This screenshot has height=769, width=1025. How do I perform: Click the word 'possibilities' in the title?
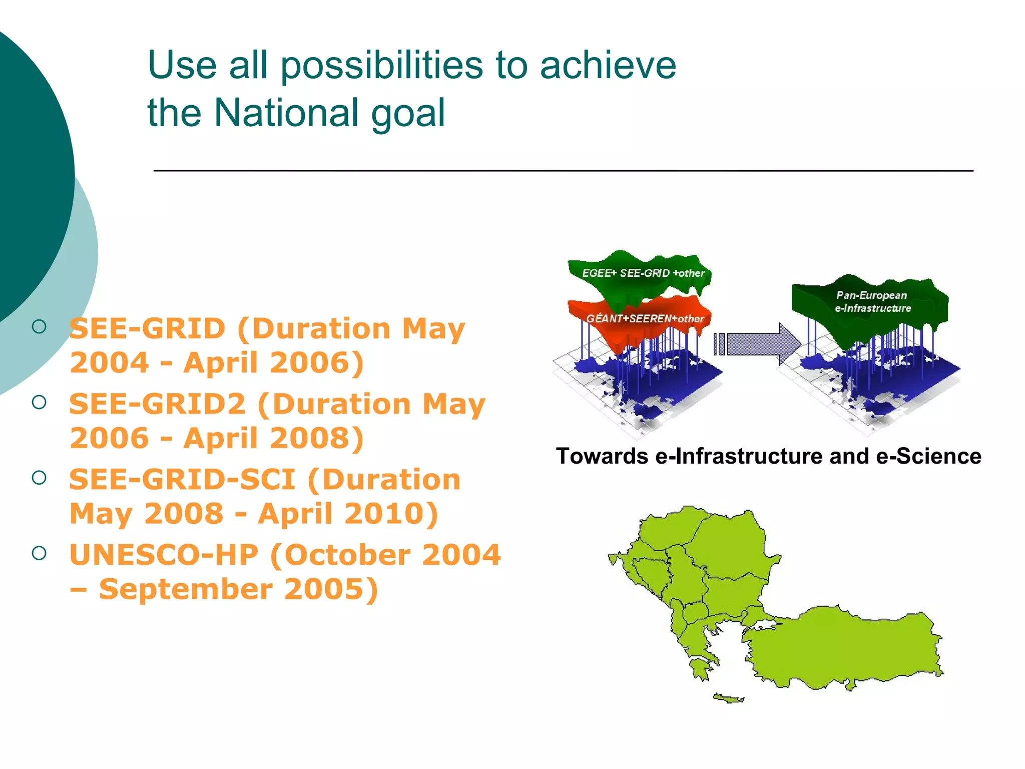[381, 66]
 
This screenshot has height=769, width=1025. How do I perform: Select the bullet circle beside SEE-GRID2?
[39, 402]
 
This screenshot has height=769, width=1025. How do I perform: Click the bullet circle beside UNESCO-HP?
[39, 553]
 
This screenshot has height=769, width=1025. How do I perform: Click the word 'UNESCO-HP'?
[164, 555]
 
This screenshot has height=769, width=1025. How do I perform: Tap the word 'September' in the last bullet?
[186, 589]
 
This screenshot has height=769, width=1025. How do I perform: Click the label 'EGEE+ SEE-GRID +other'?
[643, 273]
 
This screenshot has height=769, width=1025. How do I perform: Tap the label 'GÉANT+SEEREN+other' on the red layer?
[645, 319]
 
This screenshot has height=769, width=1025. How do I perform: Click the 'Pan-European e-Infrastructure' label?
[872, 302]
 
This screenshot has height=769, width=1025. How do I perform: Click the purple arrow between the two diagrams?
[758, 344]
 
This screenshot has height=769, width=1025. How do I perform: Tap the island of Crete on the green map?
[728, 698]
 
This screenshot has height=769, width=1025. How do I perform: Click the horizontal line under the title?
[563, 171]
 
